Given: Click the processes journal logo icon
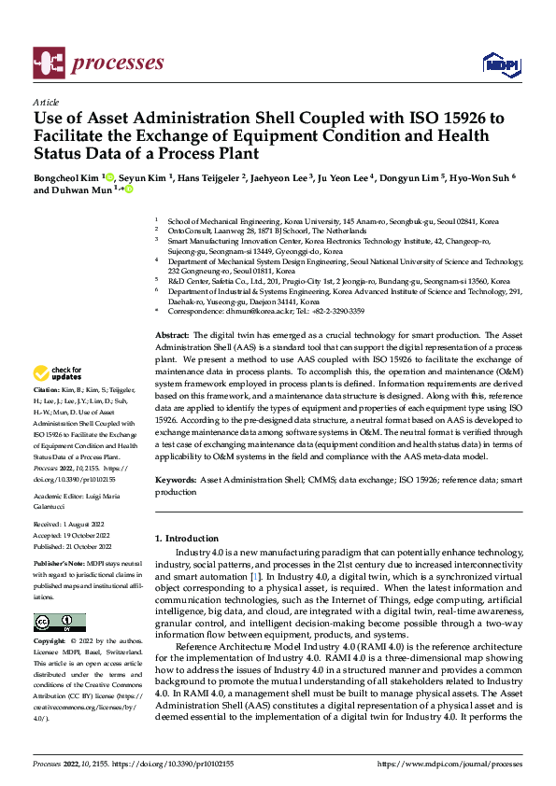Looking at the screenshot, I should [x=50, y=63].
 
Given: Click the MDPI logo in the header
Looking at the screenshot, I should [x=500, y=63].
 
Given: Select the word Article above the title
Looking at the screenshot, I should [x=46, y=102].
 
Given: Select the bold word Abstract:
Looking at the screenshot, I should [x=172, y=334].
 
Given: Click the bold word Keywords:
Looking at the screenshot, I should [x=176, y=479].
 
